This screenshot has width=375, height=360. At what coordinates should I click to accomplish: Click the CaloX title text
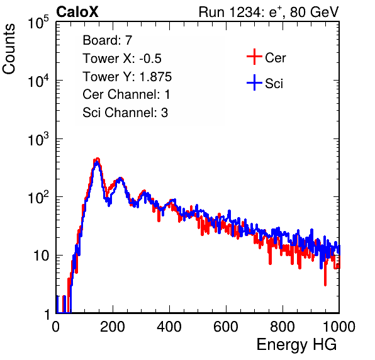[77, 12]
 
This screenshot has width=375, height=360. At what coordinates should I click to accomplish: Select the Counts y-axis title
[9, 49]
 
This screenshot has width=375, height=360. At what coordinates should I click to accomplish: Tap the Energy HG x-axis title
[296, 345]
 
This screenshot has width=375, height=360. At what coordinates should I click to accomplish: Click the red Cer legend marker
[254, 57]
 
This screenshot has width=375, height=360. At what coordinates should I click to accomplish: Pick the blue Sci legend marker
[254, 82]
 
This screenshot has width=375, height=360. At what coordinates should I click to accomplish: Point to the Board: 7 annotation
[107, 40]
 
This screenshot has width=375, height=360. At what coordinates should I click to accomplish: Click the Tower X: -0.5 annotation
[122, 59]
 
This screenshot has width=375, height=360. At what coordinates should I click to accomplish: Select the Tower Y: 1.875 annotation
[127, 77]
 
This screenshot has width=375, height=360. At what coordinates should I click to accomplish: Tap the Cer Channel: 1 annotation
[126, 94]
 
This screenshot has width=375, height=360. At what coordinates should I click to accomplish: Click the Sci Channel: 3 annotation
[125, 113]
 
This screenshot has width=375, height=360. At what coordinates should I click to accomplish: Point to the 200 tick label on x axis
[113, 326]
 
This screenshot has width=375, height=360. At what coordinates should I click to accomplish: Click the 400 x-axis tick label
[169, 326]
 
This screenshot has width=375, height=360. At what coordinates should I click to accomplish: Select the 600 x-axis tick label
[226, 326]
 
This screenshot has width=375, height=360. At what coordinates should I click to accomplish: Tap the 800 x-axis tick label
[283, 326]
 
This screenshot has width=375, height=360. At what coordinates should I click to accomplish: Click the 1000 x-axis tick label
[339, 326]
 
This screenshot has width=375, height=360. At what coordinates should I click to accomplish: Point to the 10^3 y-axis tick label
[38, 138]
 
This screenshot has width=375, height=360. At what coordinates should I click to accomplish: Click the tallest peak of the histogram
[97, 159]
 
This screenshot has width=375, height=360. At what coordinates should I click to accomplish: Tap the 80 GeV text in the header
[314, 12]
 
